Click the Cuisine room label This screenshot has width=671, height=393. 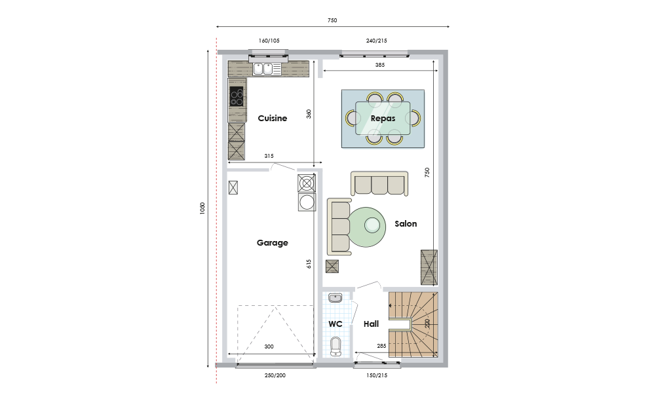(272, 119)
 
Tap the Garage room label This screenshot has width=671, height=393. (272, 243)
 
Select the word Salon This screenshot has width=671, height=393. (406, 223)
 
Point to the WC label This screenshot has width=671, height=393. (335, 324)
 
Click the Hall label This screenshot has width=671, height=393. (371, 324)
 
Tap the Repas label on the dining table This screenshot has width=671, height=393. (383, 119)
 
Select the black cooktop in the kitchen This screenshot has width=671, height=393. (237, 96)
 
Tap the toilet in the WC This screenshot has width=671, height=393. (336, 346)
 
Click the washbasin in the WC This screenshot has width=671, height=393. (335, 297)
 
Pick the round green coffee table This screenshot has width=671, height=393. (367, 227)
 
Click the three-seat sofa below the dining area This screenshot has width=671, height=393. (379, 183)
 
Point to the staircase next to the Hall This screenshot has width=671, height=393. (413, 325)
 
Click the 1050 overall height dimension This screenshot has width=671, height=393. (202, 208)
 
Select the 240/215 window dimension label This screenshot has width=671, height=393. (377, 41)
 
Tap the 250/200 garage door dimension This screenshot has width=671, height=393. (275, 375)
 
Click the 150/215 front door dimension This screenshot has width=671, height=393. (377, 375)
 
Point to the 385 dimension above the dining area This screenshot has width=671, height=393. (380, 65)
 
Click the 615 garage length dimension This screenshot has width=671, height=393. (309, 264)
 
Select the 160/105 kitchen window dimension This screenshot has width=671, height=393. (269, 41)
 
